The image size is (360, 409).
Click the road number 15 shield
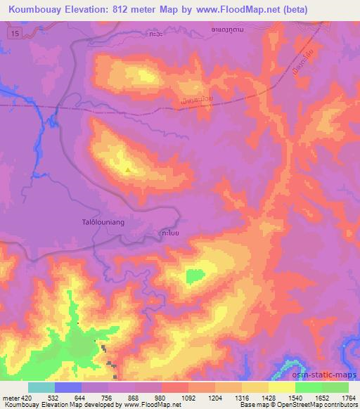pyautogui.click(x=15, y=34)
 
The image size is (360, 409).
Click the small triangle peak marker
pyautogui.click(x=127, y=169)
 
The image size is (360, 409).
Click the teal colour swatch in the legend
pyautogui.click(x=41, y=387)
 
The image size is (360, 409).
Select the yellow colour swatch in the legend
pyautogui.click(x=283, y=387)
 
